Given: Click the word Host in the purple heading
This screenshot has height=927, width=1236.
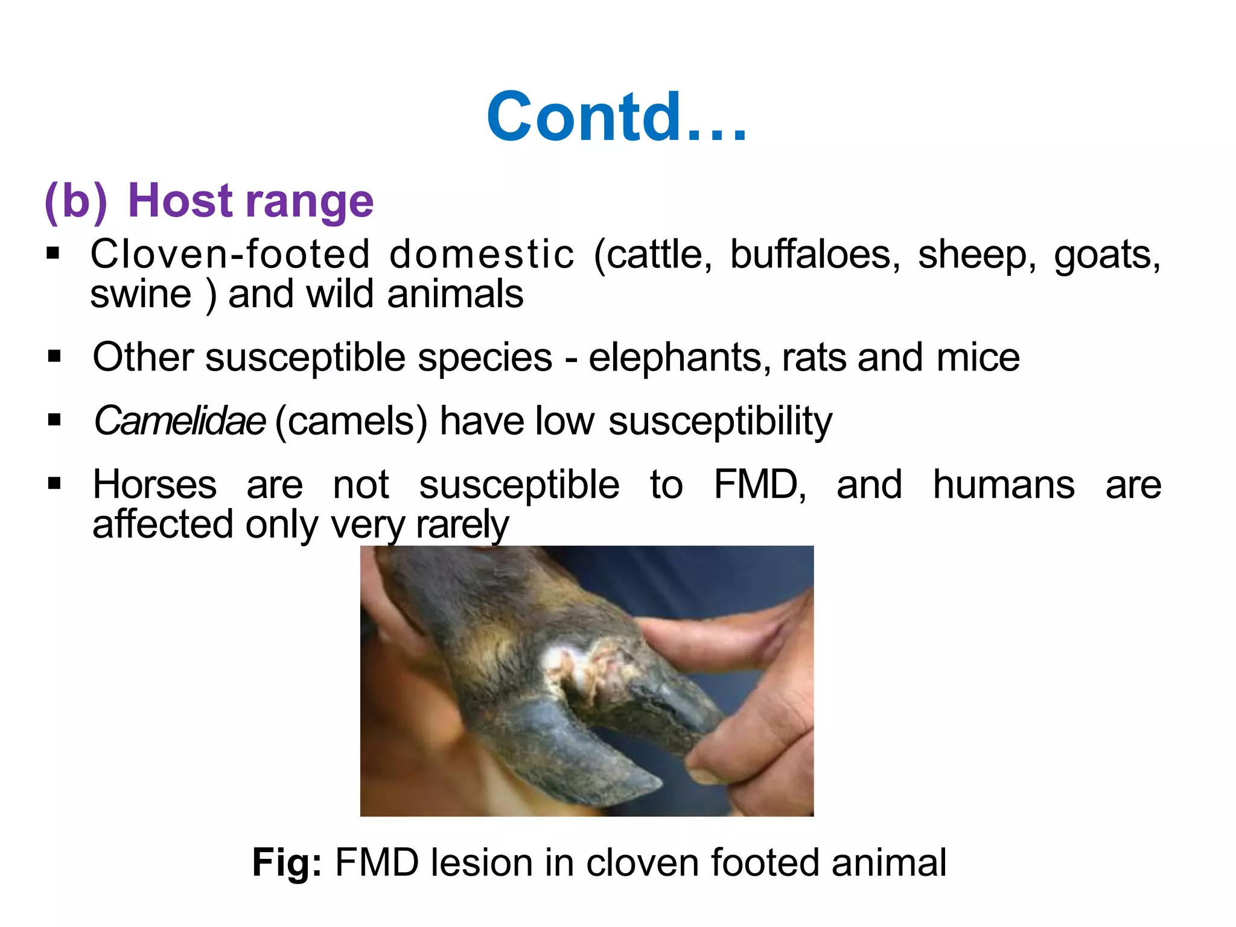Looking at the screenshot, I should pyautogui.click(x=180, y=200).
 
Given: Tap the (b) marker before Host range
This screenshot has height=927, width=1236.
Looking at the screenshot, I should pyautogui.click(x=76, y=202).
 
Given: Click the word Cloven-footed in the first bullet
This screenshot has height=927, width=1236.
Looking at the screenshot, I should pyautogui.click(x=229, y=254).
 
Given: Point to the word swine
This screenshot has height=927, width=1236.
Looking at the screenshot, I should pyautogui.click(x=141, y=295).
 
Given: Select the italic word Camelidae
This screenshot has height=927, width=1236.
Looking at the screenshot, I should pyautogui.click(x=179, y=421).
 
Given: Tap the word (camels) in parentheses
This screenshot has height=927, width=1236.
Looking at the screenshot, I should pyautogui.click(x=351, y=421).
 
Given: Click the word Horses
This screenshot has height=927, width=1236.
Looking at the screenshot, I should pyautogui.click(x=154, y=485).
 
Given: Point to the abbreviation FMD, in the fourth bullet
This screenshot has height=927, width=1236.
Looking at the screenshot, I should pyautogui.click(x=759, y=485).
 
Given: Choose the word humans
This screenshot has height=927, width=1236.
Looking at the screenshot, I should pyautogui.click(x=1003, y=485).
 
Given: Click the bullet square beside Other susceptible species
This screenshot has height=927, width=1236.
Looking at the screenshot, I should pyautogui.click(x=54, y=357).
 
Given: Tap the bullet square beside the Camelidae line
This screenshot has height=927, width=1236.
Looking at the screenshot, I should pyautogui.click(x=54, y=420).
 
